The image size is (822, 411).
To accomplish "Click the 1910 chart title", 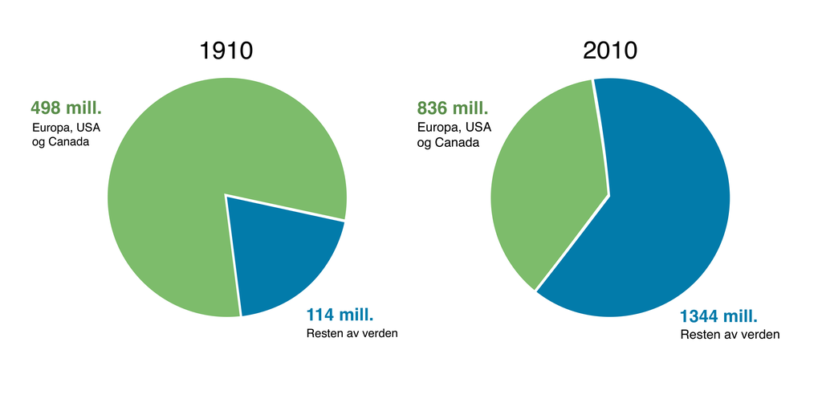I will pos(226,51).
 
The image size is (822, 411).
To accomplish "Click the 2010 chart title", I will pos(610,51).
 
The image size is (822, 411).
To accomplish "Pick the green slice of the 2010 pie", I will pos(546,185).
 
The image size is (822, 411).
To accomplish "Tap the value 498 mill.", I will pos(67,108).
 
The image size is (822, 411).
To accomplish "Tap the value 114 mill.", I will pos(340,315).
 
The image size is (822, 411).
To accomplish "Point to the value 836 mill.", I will pos(453,108).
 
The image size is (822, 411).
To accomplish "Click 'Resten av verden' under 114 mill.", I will pos(352,333).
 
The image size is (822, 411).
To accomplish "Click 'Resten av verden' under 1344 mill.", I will pos(730,334).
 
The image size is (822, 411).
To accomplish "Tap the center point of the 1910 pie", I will pos(226,195).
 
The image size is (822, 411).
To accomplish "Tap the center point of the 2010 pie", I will pos(610,195).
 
